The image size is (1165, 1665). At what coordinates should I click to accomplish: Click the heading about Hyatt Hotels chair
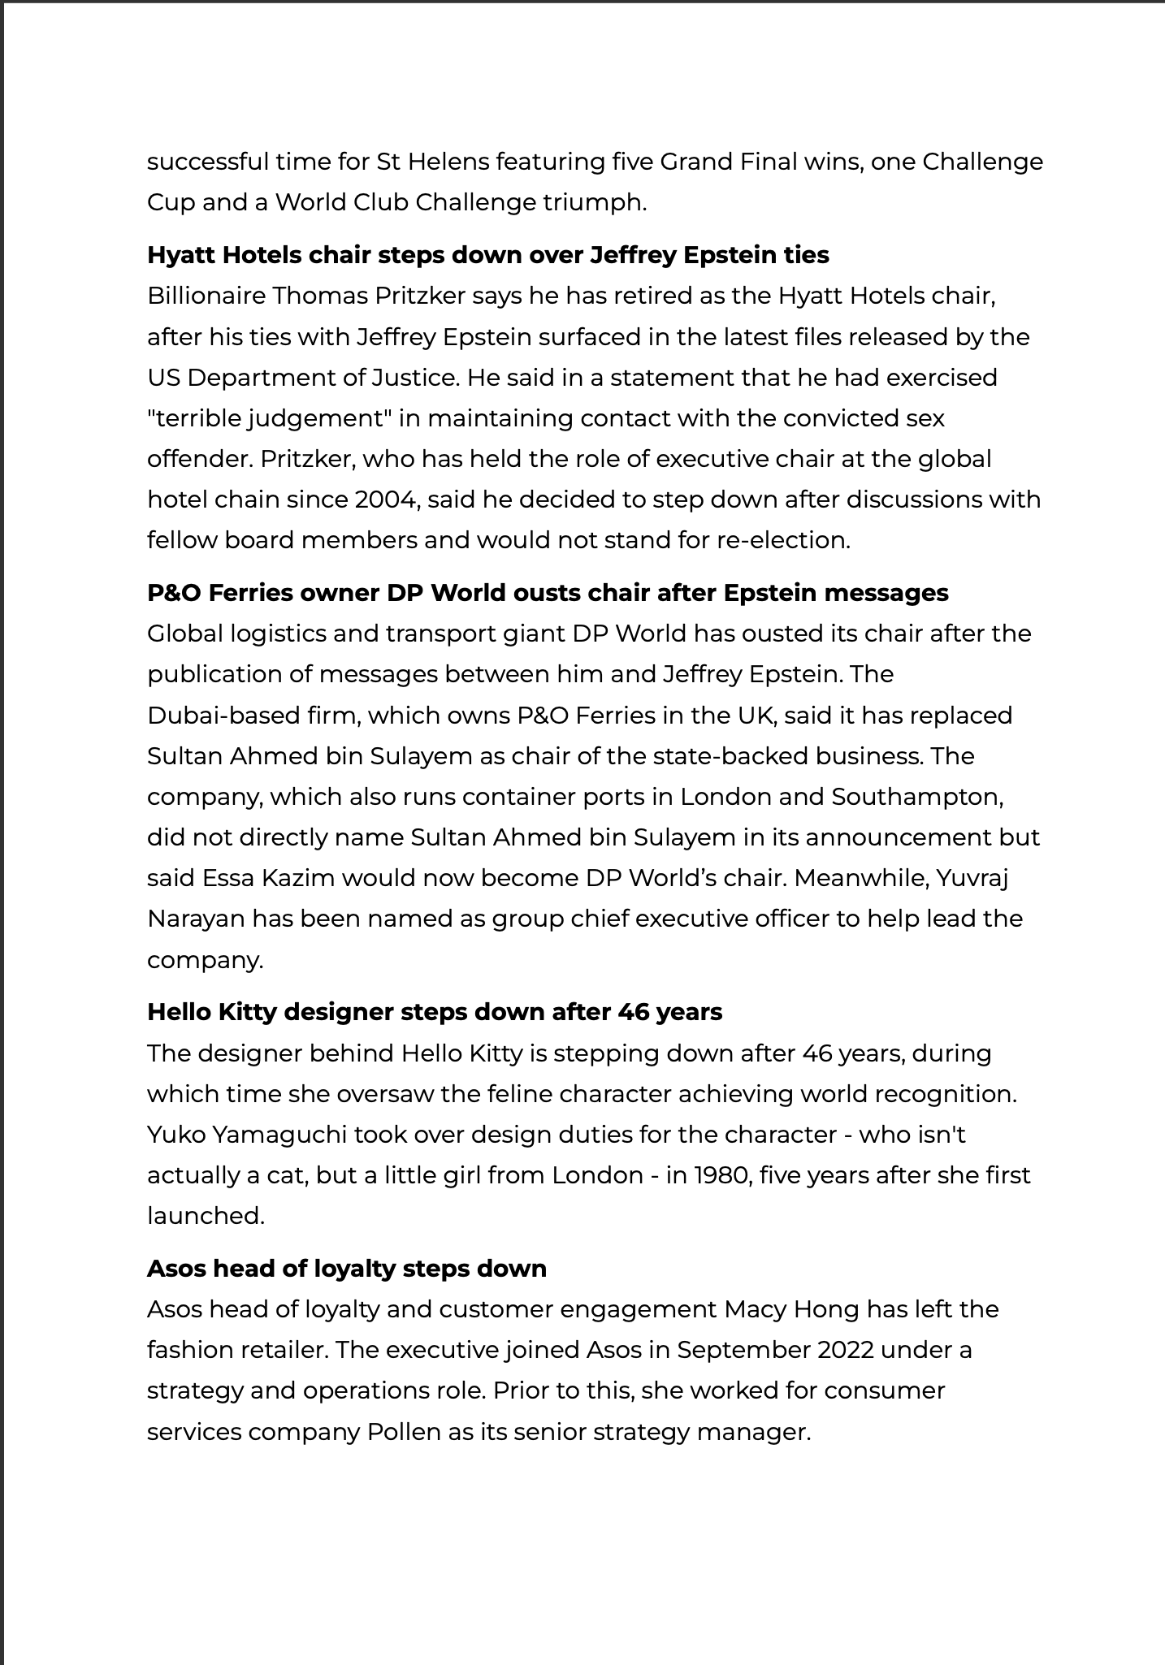(487, 255)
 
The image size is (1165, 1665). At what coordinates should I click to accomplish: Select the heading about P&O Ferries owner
(547, 593)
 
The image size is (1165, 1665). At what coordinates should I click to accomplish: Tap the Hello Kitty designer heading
(434, 1012)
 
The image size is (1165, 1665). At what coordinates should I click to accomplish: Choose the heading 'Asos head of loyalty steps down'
(346, 1269)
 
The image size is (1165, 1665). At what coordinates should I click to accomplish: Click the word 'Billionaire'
(206, 296)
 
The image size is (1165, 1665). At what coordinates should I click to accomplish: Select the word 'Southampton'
(917, 797)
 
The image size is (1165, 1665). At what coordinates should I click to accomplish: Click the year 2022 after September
(846, 1350)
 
